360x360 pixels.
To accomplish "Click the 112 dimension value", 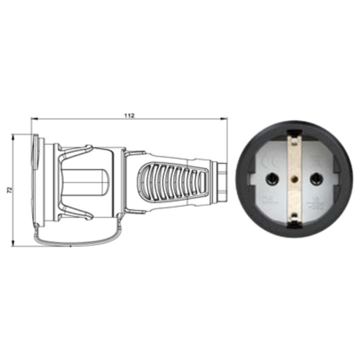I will [129, 116].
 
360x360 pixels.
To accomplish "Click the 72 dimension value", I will [8, 191].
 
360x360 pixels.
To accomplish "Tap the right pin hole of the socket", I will [316, 179].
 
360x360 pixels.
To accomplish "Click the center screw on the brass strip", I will [293, 181].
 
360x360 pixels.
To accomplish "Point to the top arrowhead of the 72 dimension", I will [14, 137].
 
